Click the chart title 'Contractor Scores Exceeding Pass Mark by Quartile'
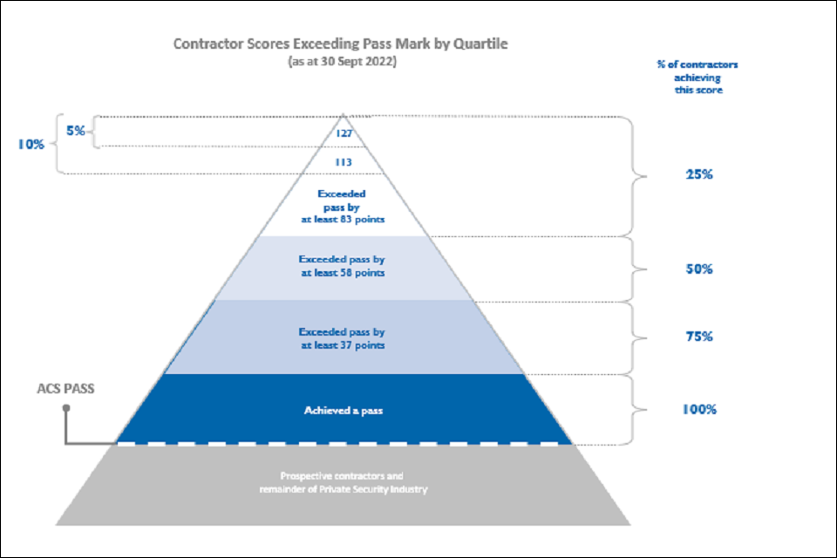pos(341,44)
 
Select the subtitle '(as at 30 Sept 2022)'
pos(342,61)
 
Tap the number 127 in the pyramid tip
pos(344,133)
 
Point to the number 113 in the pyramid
pos(344,162)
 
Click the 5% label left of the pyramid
pos(75,131)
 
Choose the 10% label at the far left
pos(31,144)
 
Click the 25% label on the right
pos(699,174)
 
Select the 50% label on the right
pos(699,269)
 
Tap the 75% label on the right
pos(699,337)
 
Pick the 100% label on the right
pos(699,410)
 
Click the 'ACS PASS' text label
pos(65,389)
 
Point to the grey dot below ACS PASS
pos(66,408)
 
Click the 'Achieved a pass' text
pos(344,411)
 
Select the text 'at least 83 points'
pos(343,220)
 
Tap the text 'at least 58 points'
pos(343,273)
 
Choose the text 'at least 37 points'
pos(343,345)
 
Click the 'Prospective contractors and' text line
pos(342,476)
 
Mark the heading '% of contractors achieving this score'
pos(697,78)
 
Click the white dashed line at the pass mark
pos(344,444)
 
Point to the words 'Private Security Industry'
pos(373,489)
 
